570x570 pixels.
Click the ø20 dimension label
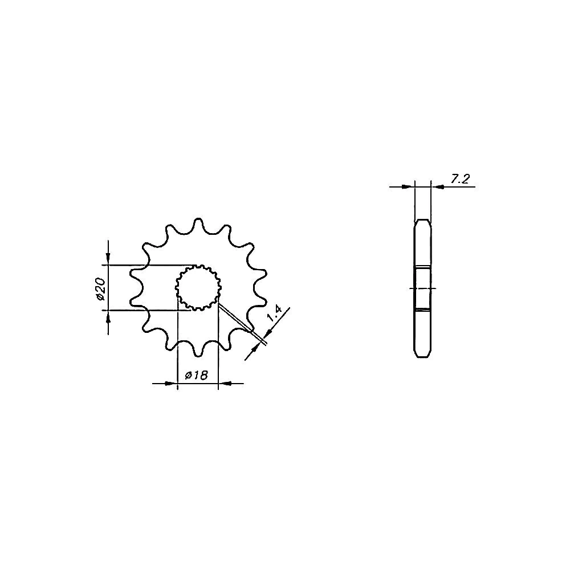pos(101,289)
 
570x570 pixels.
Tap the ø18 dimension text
pos(196,375)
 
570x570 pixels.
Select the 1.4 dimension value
pos(275,315)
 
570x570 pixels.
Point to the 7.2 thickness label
pos(460,179)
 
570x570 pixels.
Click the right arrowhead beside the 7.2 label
pos(437,187)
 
